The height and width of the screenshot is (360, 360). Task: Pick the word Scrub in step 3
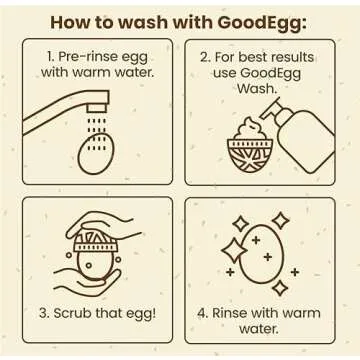coord(84,312)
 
